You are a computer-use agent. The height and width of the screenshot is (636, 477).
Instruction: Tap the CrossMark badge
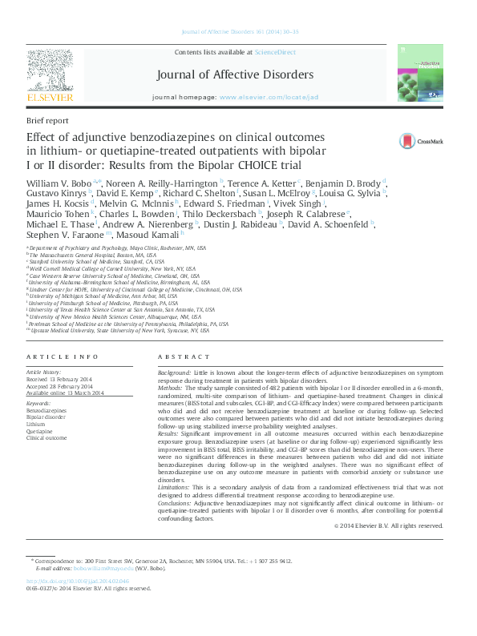click(x=416, y=141)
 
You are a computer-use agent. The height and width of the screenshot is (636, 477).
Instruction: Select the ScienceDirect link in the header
click(x=275, y=52)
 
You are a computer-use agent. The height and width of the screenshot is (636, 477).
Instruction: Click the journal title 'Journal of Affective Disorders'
click(x=235, y=74)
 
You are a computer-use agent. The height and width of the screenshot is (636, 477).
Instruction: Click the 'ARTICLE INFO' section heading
click(x=63, y=356)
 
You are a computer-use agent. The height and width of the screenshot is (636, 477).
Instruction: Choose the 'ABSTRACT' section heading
click(x=179, y=356)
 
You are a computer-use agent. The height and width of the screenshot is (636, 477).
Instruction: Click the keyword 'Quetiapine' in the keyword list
click(x=42, y=431)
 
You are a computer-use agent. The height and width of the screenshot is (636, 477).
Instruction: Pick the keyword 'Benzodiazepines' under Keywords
click(x=46, y=410)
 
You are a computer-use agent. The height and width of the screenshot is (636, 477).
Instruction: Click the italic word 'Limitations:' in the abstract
click(x=176, y=488)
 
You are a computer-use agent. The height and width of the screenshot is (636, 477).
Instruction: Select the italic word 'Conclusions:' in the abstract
click(x=177, y=503)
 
